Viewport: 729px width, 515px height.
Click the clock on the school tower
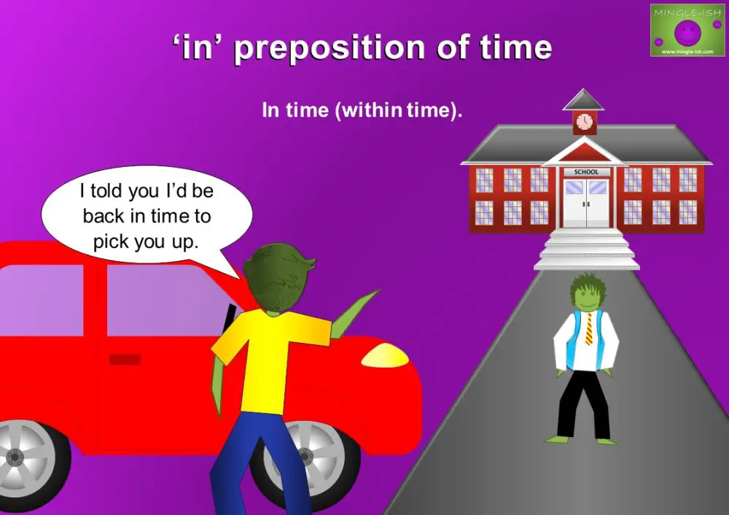[x=585, y=122]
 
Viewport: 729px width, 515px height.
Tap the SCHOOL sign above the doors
[x=586, y=171]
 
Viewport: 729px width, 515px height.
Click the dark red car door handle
[x=125, y=359]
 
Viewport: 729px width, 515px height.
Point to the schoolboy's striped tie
[x=588, y=328]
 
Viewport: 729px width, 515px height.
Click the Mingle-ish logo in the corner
[x=687, y=30]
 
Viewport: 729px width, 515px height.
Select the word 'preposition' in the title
[x=330, y=48]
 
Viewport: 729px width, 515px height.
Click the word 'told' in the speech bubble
[x=107, y=190]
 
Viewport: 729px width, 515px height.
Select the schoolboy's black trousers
[x=583, y=405]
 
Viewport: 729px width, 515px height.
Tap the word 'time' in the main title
[x=516, y=47]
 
